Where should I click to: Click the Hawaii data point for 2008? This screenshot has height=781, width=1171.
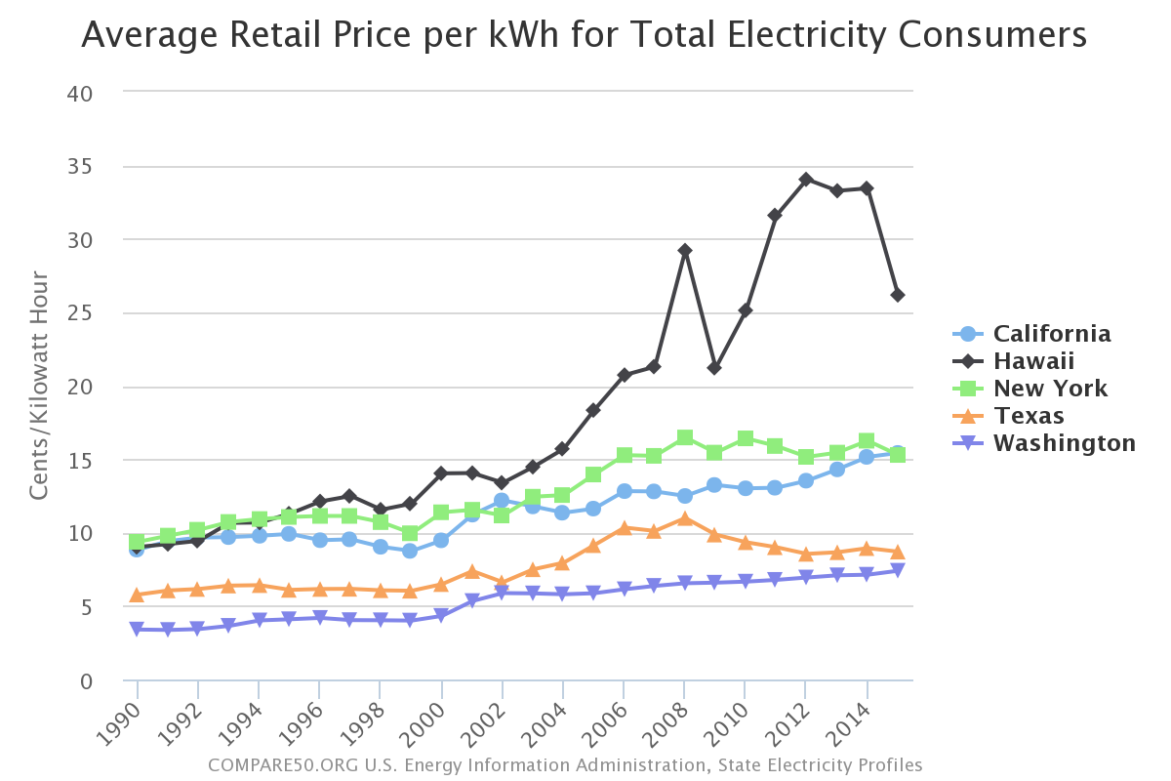[x=685, y=251]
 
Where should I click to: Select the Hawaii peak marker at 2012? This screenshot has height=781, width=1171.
[x=806, y=180]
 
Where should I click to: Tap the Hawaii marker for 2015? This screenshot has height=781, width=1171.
[x=897, y=295]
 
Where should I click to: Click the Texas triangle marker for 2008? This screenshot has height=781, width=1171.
[x=685, y=518]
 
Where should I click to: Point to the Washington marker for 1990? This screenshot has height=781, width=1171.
[x=138, y=630]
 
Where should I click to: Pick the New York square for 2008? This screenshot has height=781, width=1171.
[x=685, y=437]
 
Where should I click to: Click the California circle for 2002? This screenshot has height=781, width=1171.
[x=502, y=501]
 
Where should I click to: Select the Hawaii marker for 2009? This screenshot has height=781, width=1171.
[x=714, y=368]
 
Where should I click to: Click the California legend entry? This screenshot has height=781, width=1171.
[x=1052, y=334]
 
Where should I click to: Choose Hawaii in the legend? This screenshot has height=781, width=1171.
[x=1033, y=361]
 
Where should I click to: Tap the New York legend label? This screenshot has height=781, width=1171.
[x=1050, y=389]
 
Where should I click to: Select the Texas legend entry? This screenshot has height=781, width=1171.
[x=1029, y=416]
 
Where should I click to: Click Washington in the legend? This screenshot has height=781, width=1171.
[x=1064, y=443]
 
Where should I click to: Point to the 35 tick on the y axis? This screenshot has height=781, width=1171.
[x=80, y=167]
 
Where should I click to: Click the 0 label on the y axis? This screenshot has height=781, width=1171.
[x=87, y=681]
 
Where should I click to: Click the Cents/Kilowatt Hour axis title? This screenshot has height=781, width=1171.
[x=38, y=386]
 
